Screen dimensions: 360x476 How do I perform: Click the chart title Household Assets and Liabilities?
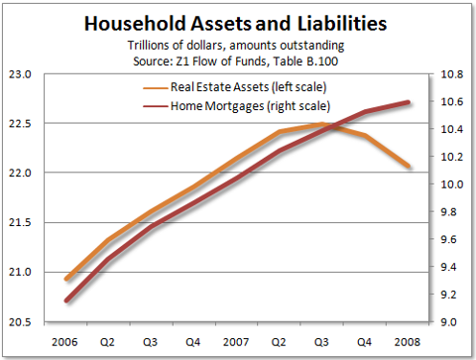238,22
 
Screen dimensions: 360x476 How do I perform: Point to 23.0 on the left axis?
22,74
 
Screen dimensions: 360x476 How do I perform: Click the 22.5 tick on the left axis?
22,124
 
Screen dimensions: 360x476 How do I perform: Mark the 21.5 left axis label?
22,223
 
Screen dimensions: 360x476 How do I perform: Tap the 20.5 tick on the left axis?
22,322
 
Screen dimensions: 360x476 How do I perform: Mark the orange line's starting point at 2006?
65,280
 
